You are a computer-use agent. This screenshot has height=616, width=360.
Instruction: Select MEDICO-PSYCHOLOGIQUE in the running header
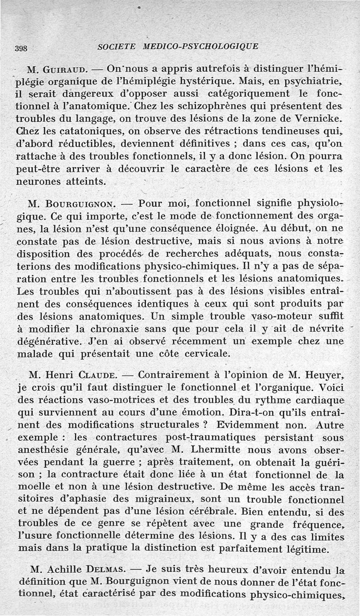[x=200, y=46]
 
